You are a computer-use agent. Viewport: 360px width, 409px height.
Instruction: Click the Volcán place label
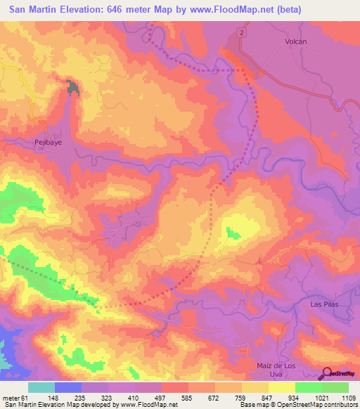click(296, 41)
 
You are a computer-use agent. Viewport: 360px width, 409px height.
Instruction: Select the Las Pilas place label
click(325, 304)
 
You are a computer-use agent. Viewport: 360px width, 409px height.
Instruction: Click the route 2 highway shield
click(241, 33)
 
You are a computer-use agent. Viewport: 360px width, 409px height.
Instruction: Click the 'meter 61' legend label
click(13, 398)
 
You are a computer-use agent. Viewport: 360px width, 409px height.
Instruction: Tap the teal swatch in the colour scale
click(41, 387)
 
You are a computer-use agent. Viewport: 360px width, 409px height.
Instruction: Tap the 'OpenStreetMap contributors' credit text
click(323, 405)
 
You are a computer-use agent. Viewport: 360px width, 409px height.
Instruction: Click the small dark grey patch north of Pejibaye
click(72, 87)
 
